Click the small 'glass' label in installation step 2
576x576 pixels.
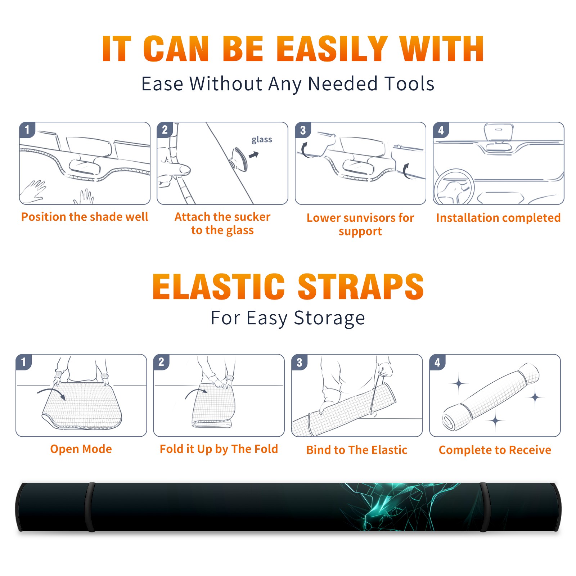(262, 140)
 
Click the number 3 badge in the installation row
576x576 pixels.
(303, 130)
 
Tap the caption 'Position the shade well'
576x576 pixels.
(85, 217)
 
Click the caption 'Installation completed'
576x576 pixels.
(498, 218)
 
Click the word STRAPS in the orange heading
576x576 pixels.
(361, 287)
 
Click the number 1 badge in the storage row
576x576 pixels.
(24, 362)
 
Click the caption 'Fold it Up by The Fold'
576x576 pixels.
(219, 449)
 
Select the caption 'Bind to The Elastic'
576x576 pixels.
(357, 450)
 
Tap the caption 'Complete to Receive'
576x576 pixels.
(495, 450)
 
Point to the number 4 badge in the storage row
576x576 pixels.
(437, 362)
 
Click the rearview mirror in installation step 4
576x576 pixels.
(499, 132)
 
